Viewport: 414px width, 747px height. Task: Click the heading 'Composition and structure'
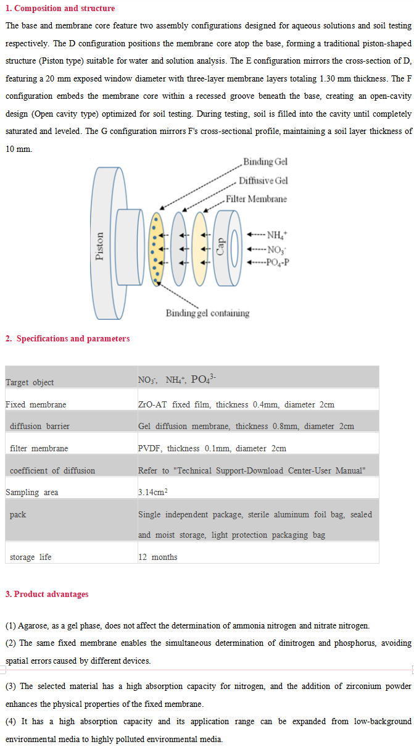pyautogui.click(x=64, y=8)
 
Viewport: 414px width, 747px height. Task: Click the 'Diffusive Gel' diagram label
pyautogui.click(x=263, y=180)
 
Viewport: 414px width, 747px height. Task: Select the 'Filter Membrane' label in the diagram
pyautogui.click(x=256, y=199)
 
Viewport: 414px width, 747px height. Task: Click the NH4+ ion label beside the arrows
pyautogui.click(x=276, y=235)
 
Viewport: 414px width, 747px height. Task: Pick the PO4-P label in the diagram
pyautogui.click(x=278, y=262)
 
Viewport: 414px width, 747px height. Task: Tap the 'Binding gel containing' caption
pyautogui.click(x=207, y=313)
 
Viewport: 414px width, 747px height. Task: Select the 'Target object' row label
pyautogui.click(x=30, y=382)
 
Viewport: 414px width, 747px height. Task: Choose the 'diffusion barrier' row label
pyautogui.click(x=39, y=426)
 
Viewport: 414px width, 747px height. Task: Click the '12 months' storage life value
pyautogui.click(x=157, y=557)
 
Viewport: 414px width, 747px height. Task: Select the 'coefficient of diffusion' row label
pyautogui.click(x=52, y=470)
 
